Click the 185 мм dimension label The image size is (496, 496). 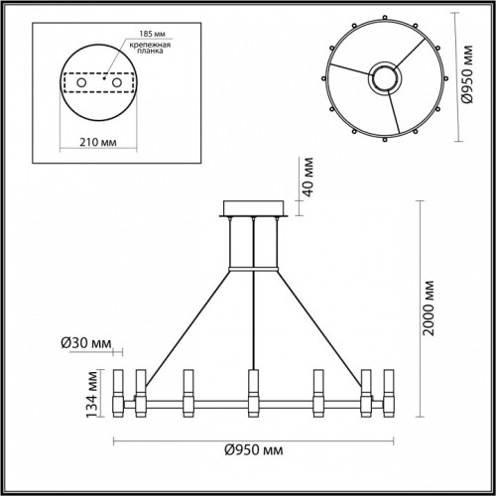coord(152,34)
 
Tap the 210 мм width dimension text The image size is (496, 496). coord(98,142)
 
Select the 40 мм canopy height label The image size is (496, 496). coord(309,177)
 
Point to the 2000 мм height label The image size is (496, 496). coord(429,309)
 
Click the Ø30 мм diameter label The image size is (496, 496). coord(86,343)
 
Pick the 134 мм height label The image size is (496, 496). coord(92,394)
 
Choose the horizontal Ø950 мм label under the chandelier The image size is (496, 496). coord(254,450)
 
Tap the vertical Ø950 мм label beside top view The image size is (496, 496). coord(467,74)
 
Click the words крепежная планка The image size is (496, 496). coord(150,48)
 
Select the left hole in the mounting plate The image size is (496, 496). coord(81,82)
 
